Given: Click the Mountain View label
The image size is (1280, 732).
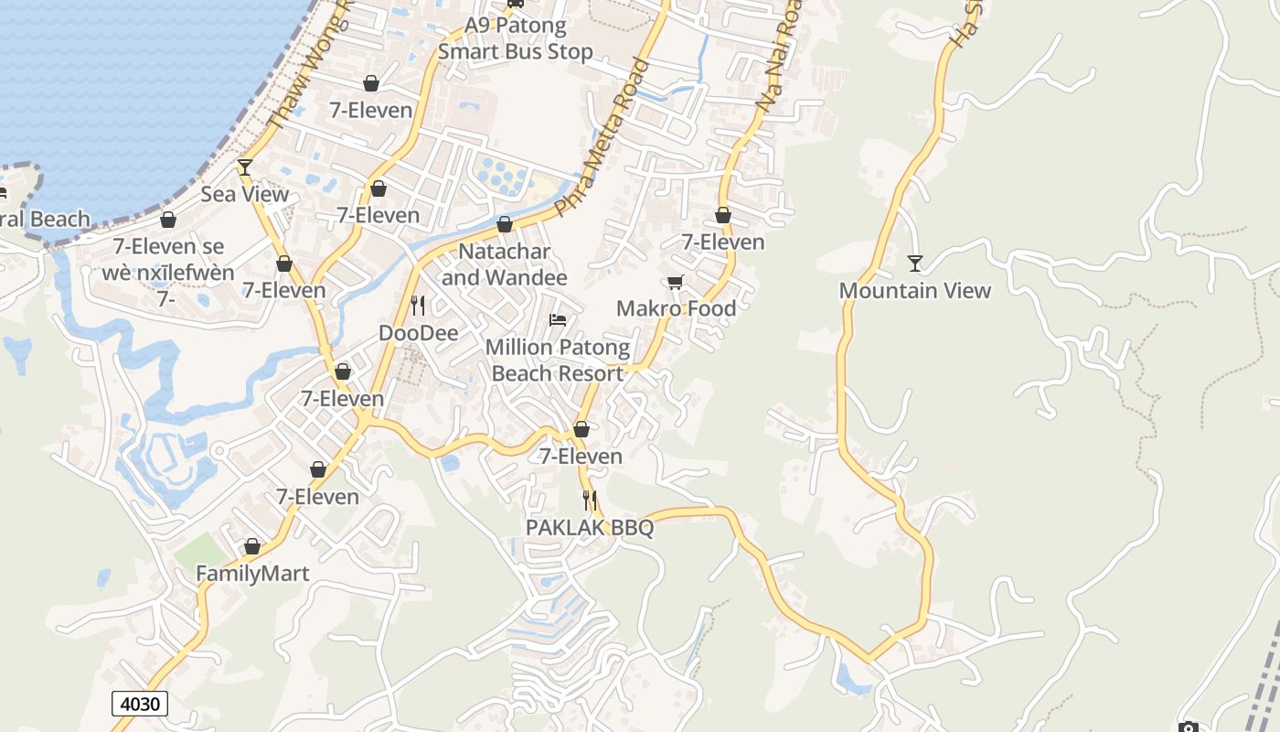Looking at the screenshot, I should [914, 290].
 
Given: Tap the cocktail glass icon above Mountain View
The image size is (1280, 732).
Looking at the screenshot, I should [914, 264].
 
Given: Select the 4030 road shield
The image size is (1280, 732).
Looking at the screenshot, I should [140, 704].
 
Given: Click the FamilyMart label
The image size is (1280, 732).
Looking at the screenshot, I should [252, 574].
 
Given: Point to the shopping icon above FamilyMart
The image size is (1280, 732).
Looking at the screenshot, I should [252, 547].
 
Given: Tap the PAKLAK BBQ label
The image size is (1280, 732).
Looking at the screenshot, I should [590, 528].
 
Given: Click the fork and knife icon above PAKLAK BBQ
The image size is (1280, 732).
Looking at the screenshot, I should [590, 501].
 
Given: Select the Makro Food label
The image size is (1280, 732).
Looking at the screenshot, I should [676, 308].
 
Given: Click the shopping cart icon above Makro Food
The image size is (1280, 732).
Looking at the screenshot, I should [676, 282].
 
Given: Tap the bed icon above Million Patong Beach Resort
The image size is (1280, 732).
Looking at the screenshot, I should [557, 320].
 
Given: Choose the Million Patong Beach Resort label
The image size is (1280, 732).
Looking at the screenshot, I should [557, 361].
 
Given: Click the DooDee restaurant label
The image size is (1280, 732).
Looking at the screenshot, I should [418, 333].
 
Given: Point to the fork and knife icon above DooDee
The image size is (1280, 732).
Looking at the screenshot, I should [418, 306].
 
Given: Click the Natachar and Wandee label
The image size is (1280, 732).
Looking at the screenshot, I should [505, 264].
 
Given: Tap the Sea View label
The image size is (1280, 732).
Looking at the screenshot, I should [244, 194].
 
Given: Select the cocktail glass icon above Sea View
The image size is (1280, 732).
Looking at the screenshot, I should [244, 167].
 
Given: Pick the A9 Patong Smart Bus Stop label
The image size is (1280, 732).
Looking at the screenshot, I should [516, 38].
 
